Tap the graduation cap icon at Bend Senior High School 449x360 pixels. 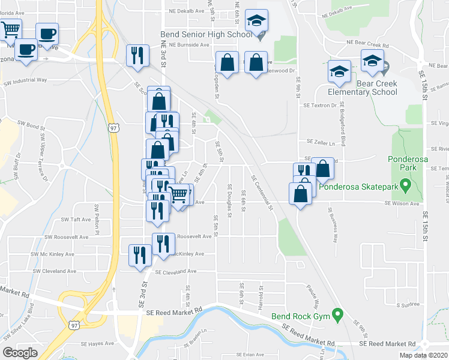(x=257, y=22)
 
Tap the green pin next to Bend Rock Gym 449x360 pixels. (x=337, y=314)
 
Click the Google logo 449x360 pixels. (x=20, y=353)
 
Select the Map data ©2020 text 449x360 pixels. (x=423, y=356)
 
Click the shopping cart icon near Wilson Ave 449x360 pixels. (x=178, y=194)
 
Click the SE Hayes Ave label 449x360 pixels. (x=97, y=344)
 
